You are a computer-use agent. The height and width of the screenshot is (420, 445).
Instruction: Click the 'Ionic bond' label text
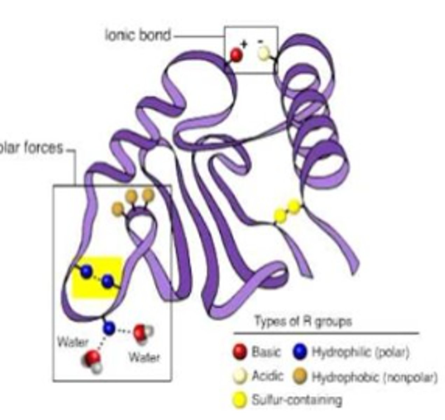138,35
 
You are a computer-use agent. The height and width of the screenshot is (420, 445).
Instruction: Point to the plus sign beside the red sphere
244,44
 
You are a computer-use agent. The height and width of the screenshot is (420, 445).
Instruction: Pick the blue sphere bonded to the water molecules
109,328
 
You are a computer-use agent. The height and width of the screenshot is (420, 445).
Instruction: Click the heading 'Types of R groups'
303,321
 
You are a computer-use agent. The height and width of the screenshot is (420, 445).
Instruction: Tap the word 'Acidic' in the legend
267,376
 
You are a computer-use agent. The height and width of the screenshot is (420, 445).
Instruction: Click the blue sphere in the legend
300,351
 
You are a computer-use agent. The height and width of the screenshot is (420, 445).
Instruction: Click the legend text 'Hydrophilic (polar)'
361,352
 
